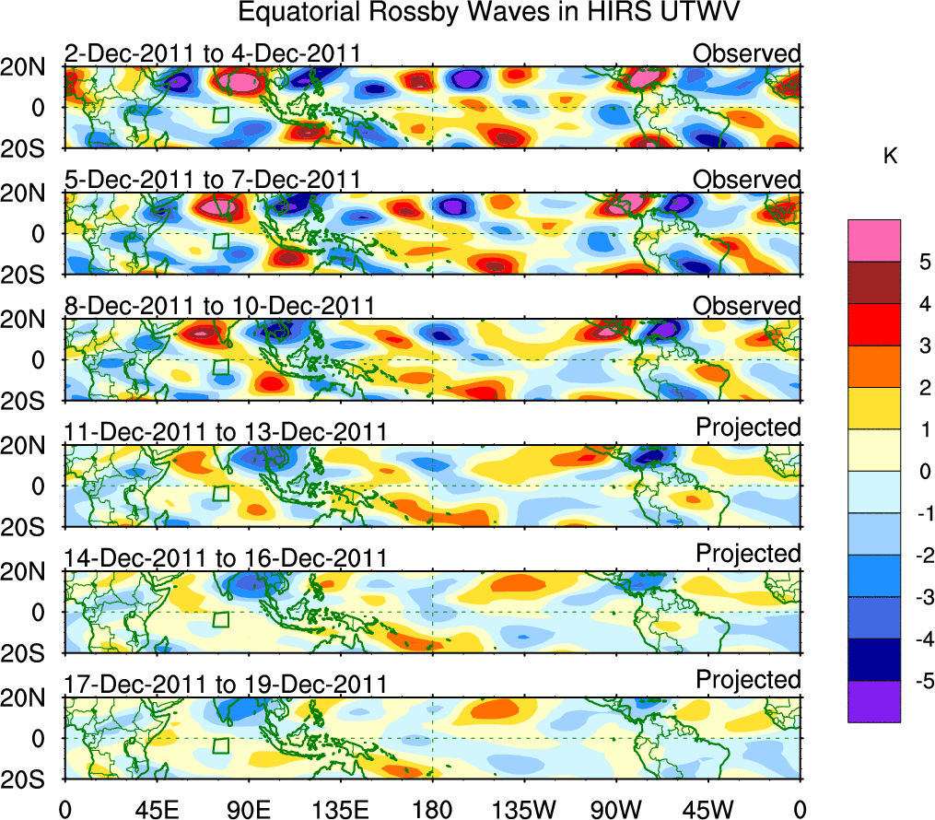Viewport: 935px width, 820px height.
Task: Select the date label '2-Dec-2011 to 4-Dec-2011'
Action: [x=212, y=54]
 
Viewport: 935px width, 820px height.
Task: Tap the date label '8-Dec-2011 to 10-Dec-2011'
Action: [x=219, y=306]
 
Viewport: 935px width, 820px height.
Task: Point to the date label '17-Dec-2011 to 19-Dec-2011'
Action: [x=226, y=685]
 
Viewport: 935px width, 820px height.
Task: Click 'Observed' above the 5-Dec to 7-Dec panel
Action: [x=747, y=180]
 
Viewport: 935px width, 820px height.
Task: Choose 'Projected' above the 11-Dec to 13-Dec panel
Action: [x=748, y=428]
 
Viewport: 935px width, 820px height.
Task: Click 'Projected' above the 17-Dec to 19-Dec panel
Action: [x=748, y=680]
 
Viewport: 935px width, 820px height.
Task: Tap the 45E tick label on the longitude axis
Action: [x=156, y=810]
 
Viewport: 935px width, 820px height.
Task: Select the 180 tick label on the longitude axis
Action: [x=432, y=810]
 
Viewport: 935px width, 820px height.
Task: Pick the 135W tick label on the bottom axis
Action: [x=524, y=810]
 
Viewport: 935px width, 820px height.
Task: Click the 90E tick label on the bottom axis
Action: [x=248, y=810]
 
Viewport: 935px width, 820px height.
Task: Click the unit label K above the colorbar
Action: [x=891, y=158]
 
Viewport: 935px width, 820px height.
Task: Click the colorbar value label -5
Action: [x=921, y=681]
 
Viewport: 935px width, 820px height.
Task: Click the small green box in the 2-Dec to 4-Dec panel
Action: [x=220, y=114]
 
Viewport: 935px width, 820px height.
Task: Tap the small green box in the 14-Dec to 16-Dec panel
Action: [x=220, y=619]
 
